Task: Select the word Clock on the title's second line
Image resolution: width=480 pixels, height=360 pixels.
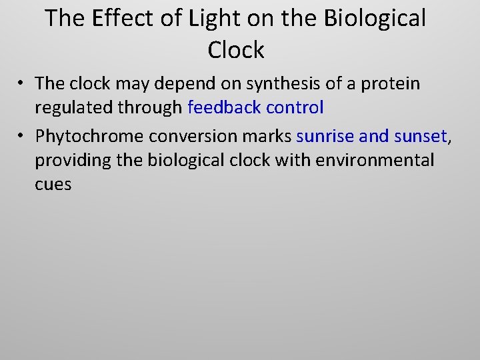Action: point(236,49)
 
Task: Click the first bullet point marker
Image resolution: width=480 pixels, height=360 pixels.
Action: point(21,83)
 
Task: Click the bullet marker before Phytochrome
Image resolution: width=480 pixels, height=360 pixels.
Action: point(21,137)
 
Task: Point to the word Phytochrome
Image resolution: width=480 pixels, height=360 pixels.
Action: point(90,137)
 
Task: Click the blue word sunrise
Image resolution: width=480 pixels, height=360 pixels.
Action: point(325,137)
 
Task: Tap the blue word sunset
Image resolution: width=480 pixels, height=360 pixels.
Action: point(421,137)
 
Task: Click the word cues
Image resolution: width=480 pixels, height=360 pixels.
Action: point(53,184)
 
